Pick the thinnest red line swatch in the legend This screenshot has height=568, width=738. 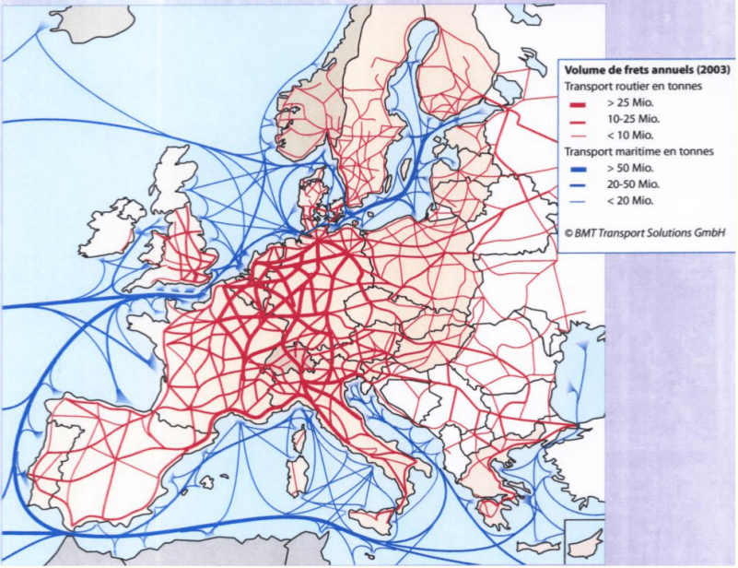(x=579, y=136)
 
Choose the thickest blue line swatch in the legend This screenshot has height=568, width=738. (x=579, y=168)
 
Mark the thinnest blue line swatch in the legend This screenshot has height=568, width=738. (x=579, y=200)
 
